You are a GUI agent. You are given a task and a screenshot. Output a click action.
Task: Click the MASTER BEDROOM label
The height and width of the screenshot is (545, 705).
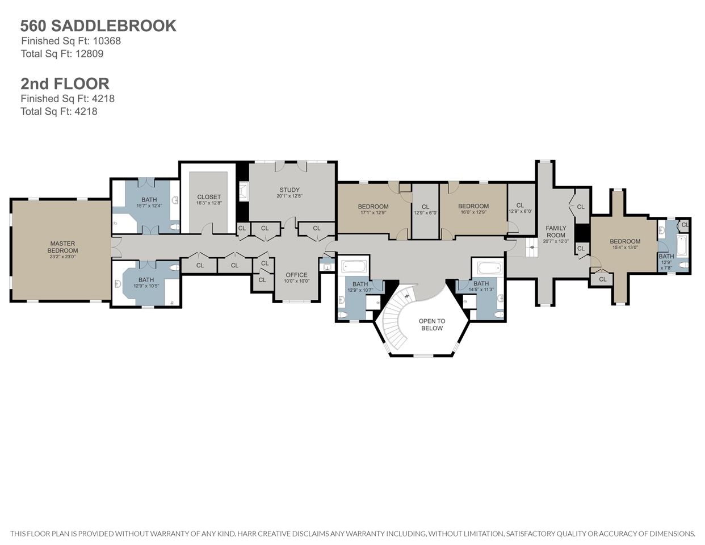62,247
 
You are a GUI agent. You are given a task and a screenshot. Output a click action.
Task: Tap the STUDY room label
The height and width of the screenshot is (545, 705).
289,190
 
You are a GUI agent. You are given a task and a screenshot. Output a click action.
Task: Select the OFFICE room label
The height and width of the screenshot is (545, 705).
296,275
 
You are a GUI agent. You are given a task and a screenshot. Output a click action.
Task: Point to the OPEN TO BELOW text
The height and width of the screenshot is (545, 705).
432,324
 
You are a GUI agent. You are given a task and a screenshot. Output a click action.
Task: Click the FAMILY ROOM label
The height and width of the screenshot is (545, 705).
556,232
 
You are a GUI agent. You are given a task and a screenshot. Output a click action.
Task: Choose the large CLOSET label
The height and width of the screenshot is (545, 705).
209,197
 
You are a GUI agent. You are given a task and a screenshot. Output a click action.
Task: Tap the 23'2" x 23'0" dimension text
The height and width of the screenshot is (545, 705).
62,257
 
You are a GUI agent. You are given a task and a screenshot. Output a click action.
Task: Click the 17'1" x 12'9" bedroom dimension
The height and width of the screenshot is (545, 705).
373,212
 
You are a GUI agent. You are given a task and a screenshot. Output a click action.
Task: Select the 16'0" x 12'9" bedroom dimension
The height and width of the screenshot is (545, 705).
473,212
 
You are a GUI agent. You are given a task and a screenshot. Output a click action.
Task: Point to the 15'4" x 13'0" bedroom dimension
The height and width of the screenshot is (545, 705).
625,247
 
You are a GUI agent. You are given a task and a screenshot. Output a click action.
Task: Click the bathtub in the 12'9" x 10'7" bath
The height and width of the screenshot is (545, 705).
354,267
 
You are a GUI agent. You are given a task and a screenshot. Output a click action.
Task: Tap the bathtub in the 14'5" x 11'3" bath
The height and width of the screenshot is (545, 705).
489,268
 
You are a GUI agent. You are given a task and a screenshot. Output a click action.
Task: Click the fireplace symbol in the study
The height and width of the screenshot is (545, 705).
244,192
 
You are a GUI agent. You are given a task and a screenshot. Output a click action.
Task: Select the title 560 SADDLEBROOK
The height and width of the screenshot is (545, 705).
98,26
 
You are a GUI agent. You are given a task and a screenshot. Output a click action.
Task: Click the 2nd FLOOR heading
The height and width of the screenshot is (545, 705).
65,83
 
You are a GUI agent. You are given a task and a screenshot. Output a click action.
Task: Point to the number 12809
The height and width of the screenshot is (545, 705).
90,53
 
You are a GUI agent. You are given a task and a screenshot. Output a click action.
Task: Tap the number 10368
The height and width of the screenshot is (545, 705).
107,41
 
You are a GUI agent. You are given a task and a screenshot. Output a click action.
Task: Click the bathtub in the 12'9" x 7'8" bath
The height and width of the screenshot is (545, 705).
682,246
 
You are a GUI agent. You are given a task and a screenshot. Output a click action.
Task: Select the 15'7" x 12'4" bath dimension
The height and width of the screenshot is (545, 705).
149,206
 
